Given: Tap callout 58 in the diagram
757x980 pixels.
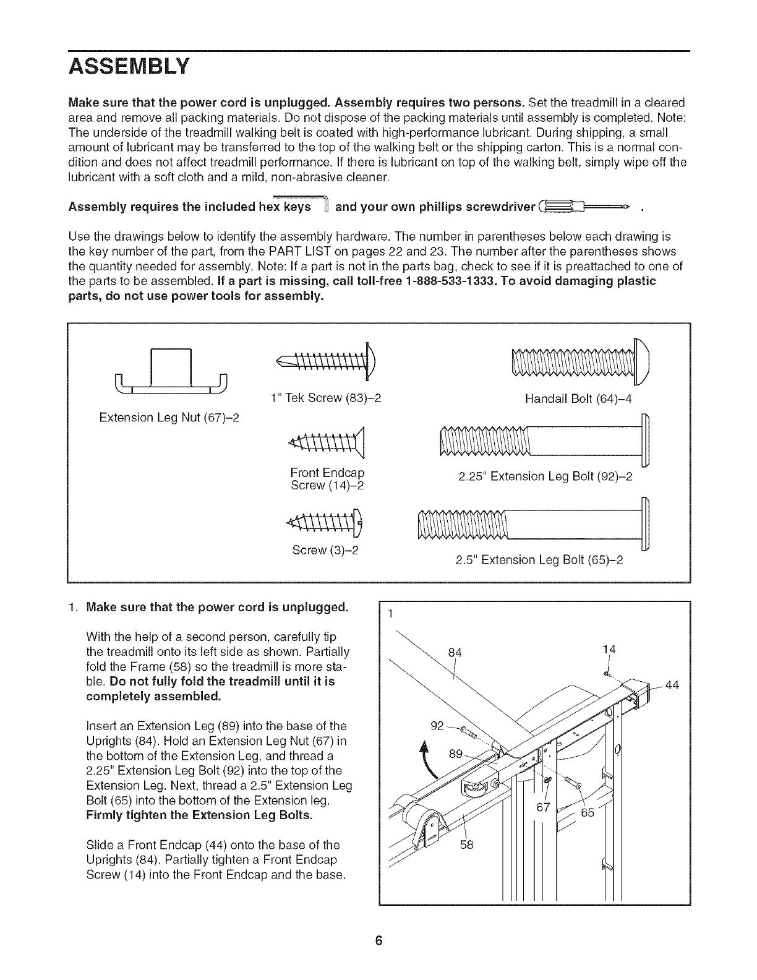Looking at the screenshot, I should tap(466, 845).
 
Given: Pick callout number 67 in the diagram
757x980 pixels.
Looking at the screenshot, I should tap(543, 807).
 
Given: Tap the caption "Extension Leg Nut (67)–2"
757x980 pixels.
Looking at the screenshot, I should tap(169, 418).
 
